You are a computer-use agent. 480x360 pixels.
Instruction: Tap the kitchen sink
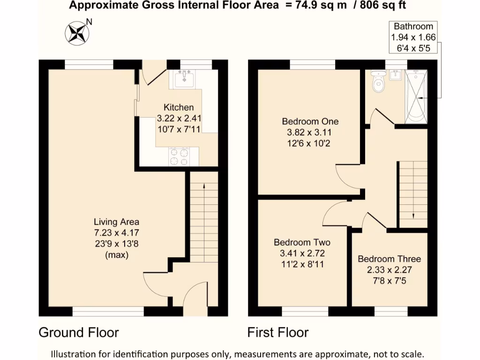coord(184,79)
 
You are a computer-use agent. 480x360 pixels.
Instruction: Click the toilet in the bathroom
coord(377,82)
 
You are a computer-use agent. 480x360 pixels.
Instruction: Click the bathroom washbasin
coord(396,75)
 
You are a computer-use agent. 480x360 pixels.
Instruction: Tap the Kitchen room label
coord(178,107)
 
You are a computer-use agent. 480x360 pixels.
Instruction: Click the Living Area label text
coord(116,222)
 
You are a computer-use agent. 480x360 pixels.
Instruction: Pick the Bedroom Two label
coord(302,242)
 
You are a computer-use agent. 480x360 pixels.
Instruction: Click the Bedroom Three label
coord(389,259)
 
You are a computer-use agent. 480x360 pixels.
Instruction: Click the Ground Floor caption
coord(78,333)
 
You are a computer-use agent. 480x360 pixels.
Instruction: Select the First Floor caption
coord(278,333)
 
